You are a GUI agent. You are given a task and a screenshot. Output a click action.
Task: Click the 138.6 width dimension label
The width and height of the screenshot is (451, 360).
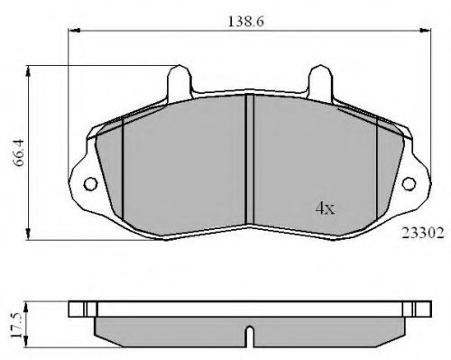point(245,22)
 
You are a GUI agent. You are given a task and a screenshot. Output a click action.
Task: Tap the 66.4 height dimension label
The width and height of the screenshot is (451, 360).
point(19,152)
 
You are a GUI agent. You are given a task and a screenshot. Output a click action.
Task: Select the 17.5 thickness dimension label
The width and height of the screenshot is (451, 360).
point(16,325)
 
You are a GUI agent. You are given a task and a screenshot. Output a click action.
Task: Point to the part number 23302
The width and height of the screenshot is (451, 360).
point(423,233)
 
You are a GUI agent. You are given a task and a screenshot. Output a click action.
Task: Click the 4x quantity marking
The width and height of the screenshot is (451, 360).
point(325,208)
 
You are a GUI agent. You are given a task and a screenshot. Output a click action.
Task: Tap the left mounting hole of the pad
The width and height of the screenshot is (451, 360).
point(91,184)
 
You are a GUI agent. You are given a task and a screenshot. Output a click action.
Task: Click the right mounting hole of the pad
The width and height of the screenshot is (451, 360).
point(409,183)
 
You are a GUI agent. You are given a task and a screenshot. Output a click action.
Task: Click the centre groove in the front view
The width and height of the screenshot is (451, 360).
point(250,160)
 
